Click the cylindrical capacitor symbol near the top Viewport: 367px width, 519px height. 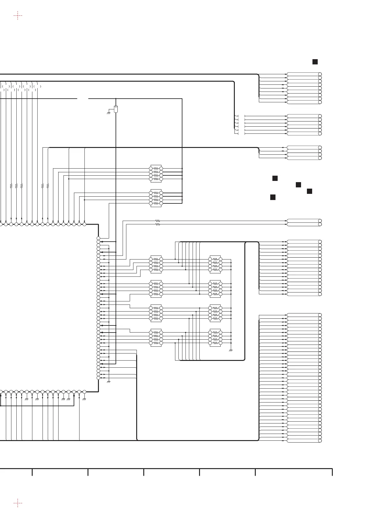coord(116,109)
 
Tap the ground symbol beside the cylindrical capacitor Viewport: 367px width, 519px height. coord(108,113)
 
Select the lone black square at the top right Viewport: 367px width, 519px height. coord(315,62)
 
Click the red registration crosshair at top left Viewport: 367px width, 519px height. coord(18,15)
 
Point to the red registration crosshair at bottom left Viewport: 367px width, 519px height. coord(18,503)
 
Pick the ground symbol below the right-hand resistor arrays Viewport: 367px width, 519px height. coord(231,350)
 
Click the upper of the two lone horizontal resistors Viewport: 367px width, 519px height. coord(158,221)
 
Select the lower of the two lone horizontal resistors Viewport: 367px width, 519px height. coord(158,224)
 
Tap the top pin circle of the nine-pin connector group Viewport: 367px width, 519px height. coord(320,74)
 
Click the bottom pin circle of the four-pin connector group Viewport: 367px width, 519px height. coord(320,158)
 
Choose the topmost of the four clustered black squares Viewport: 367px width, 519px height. coord(275,178)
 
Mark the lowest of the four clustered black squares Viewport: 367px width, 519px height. coord(273,197)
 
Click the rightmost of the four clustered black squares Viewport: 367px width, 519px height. coord(309,191)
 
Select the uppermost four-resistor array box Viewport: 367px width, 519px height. coord(156,174)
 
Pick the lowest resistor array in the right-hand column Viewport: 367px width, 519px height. coord(215,338)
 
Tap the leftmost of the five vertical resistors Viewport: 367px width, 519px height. coord(11,186)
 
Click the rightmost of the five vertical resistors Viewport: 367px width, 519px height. coord(48,186)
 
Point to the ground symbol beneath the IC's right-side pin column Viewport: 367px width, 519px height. coord(108,382)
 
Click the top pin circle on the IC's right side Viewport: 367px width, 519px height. coord(98,238)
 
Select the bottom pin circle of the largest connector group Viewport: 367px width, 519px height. coord(320,441)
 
